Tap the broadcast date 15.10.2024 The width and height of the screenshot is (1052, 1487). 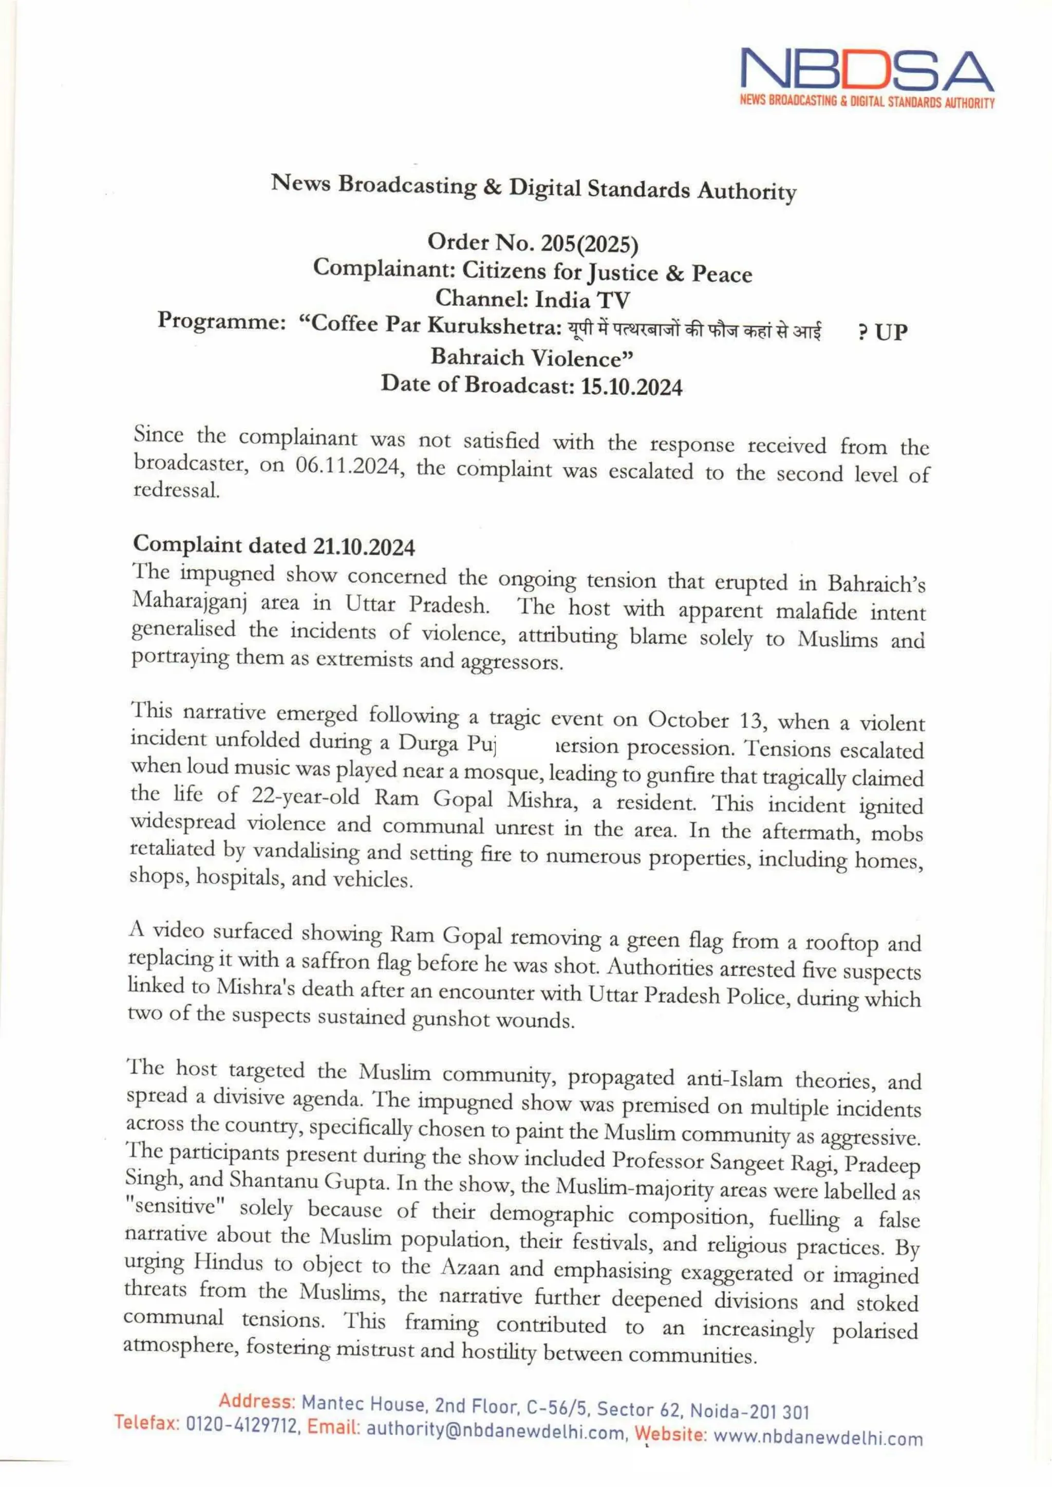[x=632, y=387]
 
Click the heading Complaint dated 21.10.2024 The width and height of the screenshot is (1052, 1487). [x=273, y=546]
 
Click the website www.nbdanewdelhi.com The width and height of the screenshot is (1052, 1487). [x=817, y=1438]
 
